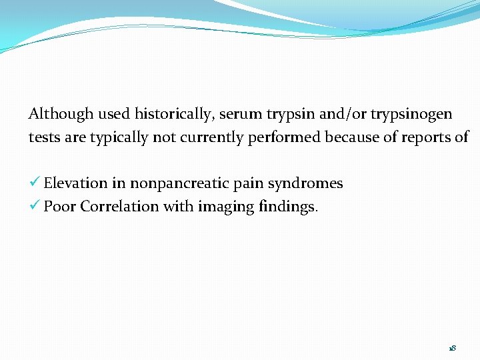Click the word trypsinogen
click(415, 115)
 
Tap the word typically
click(119, 138)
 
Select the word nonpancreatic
click(177, 183)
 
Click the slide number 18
click(452, 348)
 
